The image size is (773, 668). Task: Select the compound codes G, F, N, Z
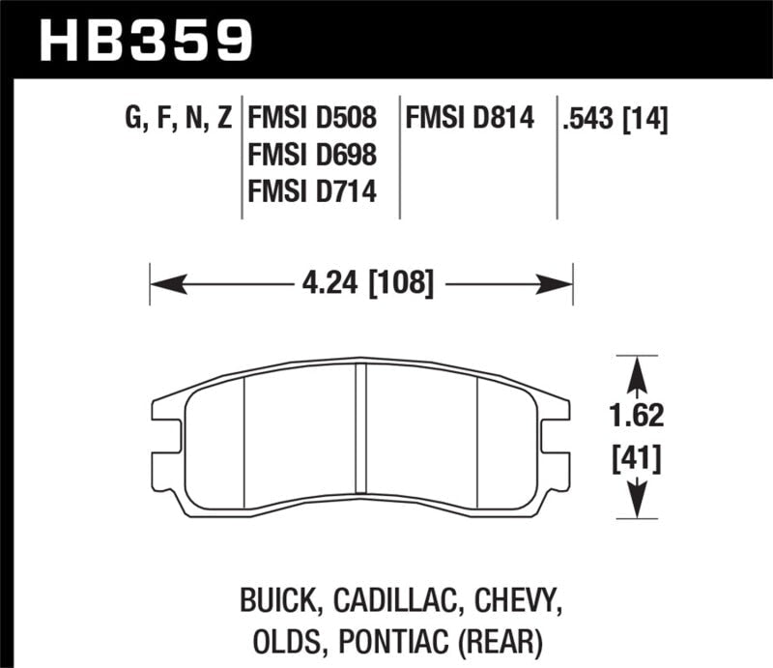[178, 119]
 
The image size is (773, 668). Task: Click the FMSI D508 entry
[312, 119]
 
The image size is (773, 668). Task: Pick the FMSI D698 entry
[312, 156]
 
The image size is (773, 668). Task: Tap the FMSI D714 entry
[312, 192]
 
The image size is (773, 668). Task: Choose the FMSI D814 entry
[471, 119]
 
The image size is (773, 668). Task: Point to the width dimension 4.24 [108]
[360, 284]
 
